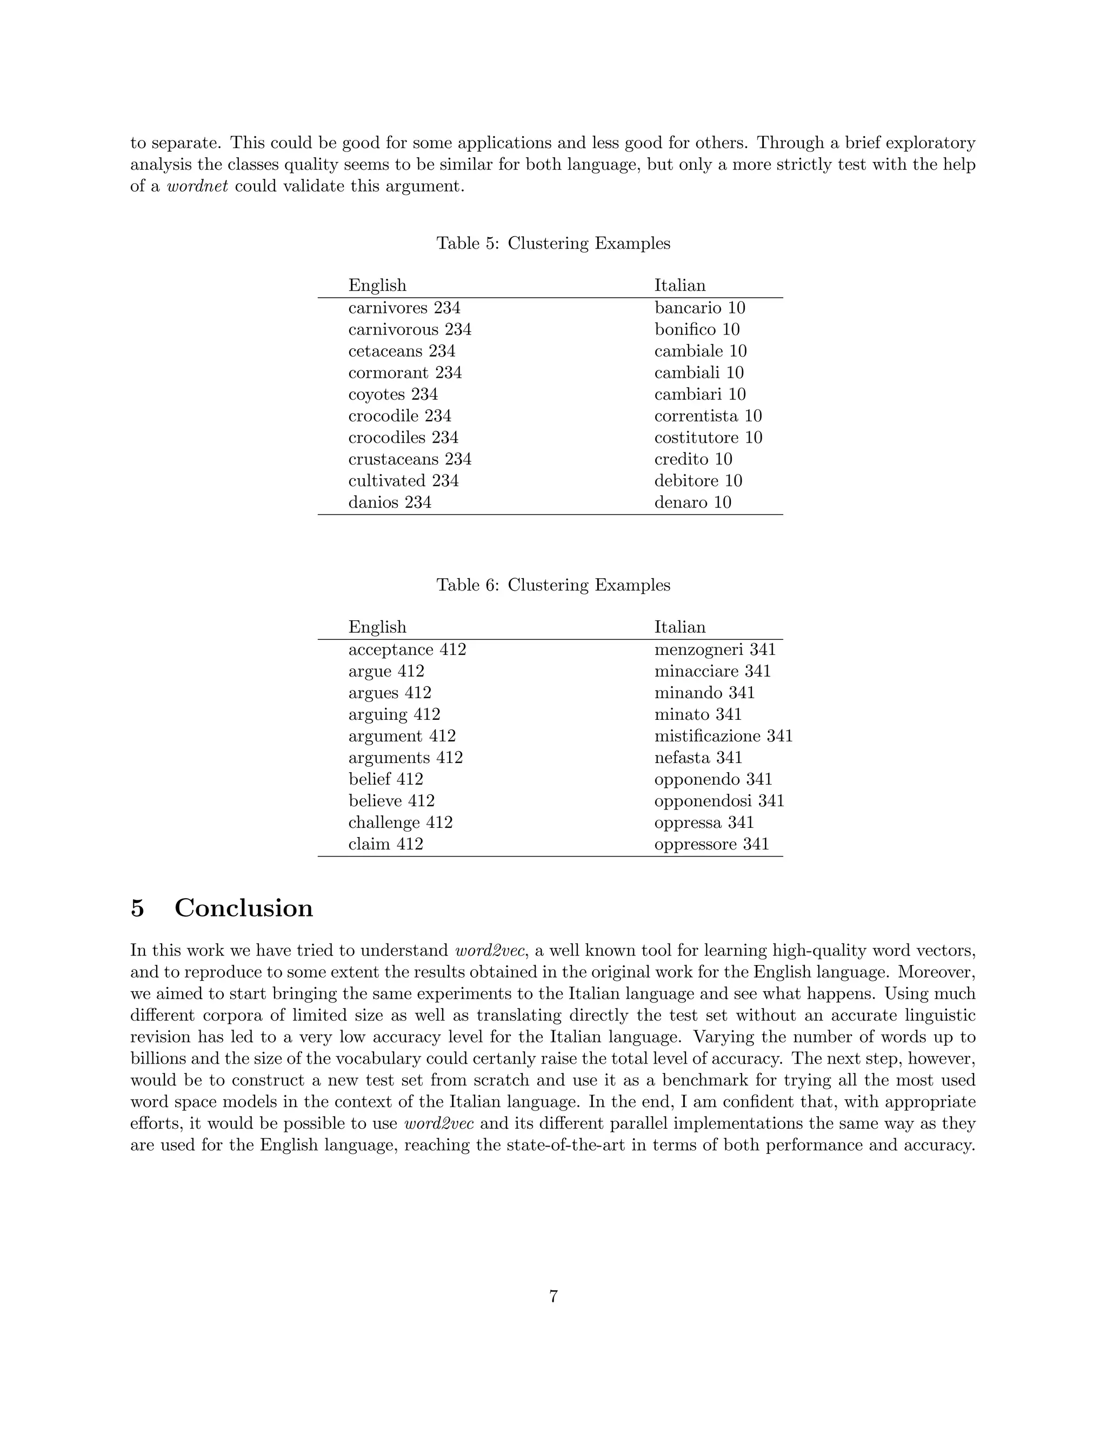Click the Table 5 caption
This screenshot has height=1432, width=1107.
tap(553, 243)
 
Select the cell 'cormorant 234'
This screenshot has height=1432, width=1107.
tap(405, 372)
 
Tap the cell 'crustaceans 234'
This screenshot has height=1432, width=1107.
tap(409, 459)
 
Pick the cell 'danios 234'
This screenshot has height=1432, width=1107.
tap(390, 502)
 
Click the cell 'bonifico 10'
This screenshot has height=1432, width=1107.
tap(696, 329)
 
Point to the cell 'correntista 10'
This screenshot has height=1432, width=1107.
tap(708, 416)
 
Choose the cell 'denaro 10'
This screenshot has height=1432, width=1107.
tap(692, 502)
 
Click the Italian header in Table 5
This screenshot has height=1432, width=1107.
tap(679, 285)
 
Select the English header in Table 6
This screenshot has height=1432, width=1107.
tap(377, 627)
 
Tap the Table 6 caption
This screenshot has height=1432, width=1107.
tap(553, 585)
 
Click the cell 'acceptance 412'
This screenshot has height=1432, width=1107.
tap(406, 649)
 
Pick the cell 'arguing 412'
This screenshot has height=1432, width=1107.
tap(394, 714)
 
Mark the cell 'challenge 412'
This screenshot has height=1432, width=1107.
tap(400, 822)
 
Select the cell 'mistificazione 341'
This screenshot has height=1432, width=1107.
tap(723, 735)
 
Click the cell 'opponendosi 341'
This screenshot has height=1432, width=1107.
tap(719, 801)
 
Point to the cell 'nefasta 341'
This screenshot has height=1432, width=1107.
tap(698, 757)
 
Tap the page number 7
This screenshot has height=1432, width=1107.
tap(553, 1296)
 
